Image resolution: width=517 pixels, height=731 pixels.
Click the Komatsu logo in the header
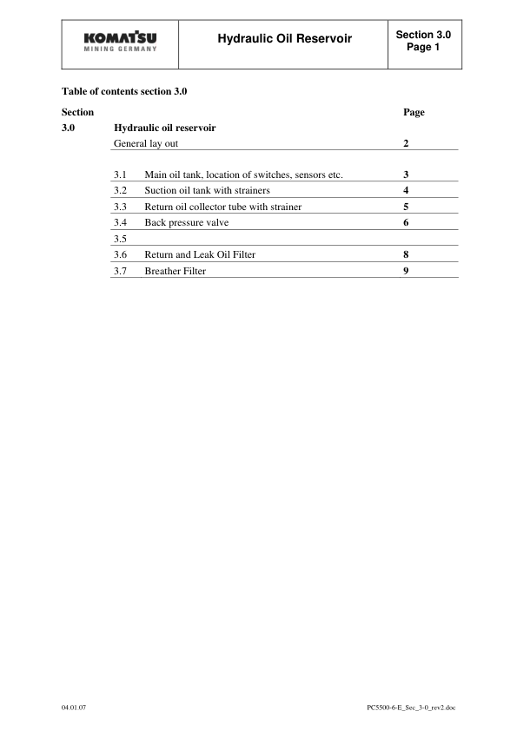121,43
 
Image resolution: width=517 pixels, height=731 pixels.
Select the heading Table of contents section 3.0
125,90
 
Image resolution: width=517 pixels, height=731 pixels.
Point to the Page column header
414,112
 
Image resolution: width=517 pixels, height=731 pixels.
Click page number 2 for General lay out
406,142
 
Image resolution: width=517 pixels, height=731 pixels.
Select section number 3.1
121,175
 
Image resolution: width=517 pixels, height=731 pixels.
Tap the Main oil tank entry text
243,175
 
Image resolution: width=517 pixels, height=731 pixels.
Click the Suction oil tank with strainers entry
207,191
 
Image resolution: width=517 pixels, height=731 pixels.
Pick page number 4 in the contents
406,191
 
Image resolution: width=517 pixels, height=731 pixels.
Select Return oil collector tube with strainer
223,207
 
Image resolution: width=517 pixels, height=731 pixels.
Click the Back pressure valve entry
186,223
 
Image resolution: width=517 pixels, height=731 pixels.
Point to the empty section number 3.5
121,239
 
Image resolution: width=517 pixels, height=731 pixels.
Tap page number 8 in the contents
406,255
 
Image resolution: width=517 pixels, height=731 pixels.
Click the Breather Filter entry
176,271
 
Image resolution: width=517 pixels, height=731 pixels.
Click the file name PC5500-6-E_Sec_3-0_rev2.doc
411,708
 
